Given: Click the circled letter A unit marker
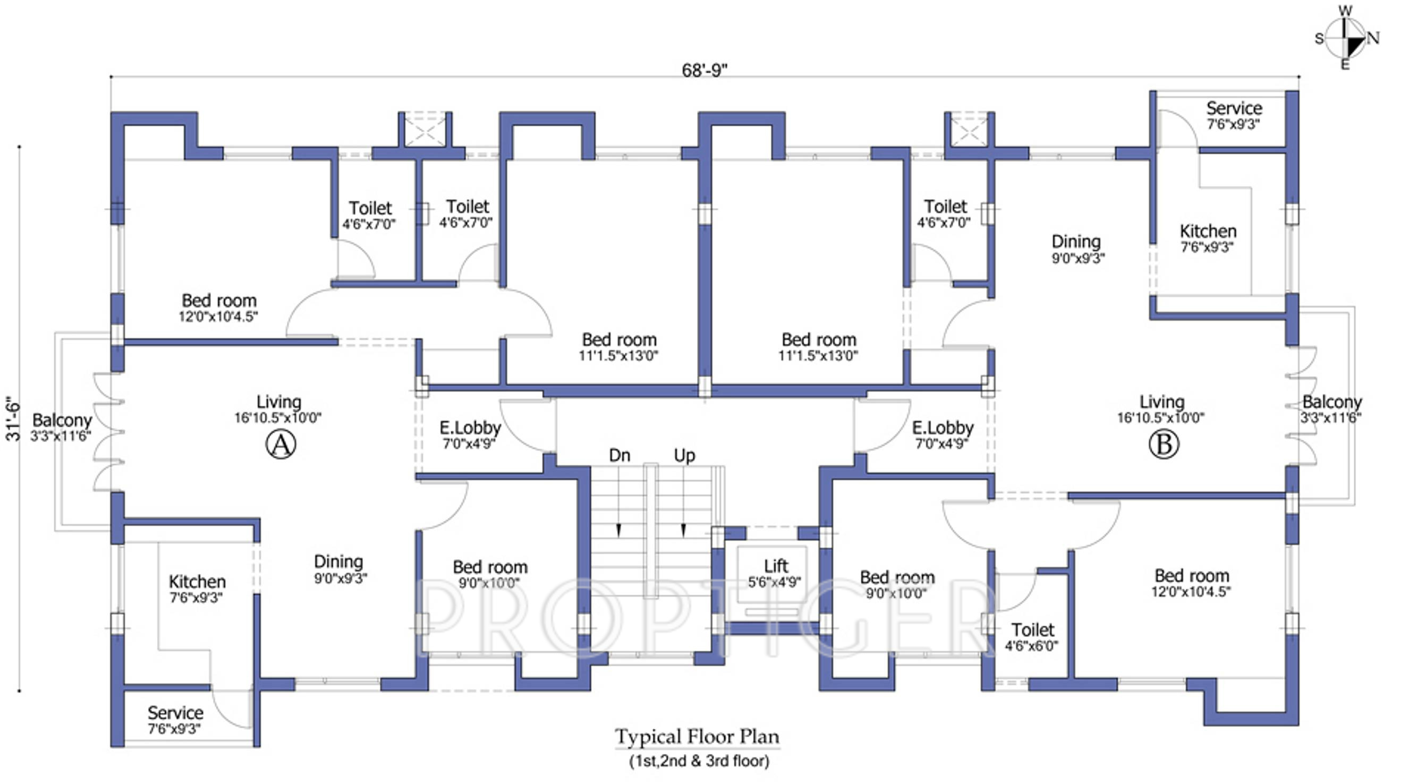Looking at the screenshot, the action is tap(281, 445).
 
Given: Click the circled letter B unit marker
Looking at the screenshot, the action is tap(1164, 445).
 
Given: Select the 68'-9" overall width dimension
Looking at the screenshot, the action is tap(704, 71).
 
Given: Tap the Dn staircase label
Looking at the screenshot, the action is tap(619, 455).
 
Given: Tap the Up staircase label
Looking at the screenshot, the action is tap(685, 456).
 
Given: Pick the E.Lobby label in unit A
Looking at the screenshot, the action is tap(470, 434).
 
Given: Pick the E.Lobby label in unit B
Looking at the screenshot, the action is tap(942, 434).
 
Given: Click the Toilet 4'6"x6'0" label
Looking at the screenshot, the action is tap(1032, 637).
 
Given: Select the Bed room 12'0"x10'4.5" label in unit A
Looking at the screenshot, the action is tap(218, 308).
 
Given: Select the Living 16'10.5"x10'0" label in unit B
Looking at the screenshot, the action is tap(1161, 409).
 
